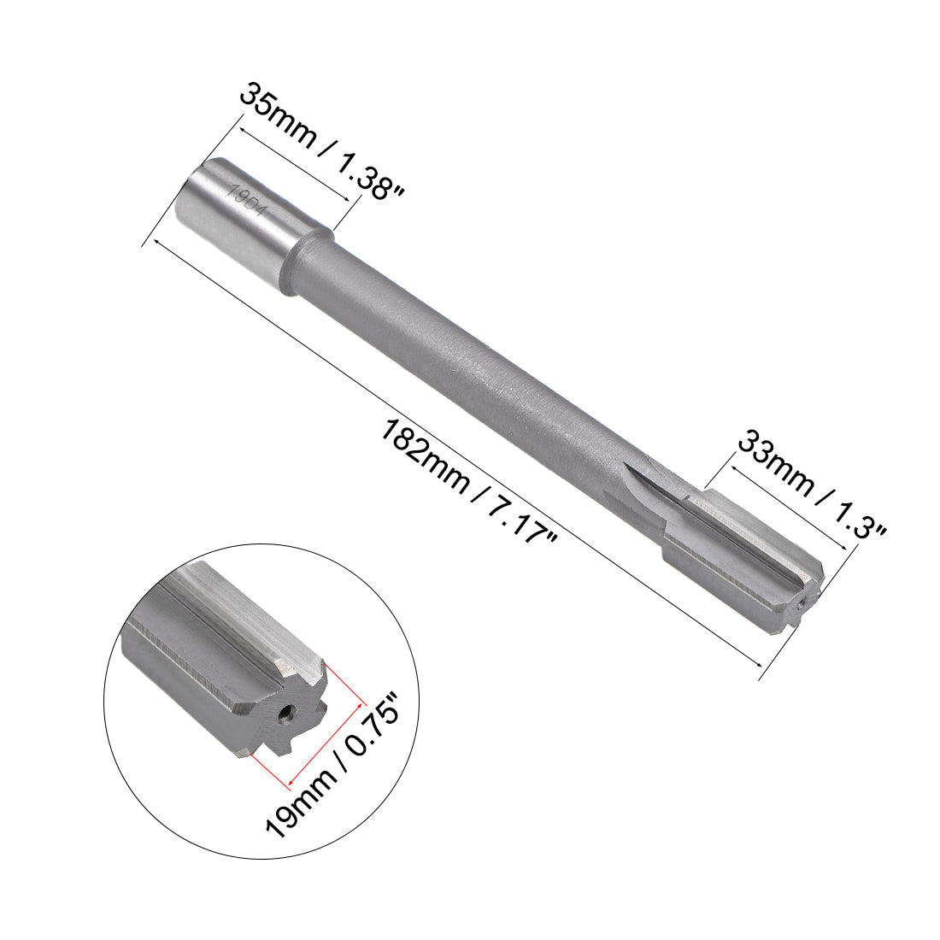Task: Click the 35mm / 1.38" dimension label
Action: click(x=320, y=141)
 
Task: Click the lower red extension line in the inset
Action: click(x=268, y=769)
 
